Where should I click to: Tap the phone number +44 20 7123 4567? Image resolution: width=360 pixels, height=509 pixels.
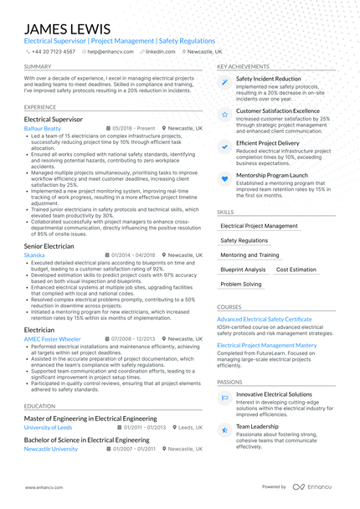click(x=54, y=51)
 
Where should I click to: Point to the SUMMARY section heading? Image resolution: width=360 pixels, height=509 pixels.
click(x=37, y=66)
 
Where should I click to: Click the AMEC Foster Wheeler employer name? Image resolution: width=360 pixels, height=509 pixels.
click(x=53, y=339)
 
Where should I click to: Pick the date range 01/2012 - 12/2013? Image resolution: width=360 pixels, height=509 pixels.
click(x=134, y=339)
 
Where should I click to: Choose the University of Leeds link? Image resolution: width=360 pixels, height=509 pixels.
click(x=49, y=427)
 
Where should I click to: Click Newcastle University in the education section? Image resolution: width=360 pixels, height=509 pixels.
click(x=52, y=449)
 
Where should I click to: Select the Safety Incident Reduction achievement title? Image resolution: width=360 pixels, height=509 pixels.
click(x=268, y=78)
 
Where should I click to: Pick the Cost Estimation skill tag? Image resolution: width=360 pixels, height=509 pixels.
click(x=296, y=270)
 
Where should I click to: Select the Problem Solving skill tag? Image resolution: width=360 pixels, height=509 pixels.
click(x=241, y=285)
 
